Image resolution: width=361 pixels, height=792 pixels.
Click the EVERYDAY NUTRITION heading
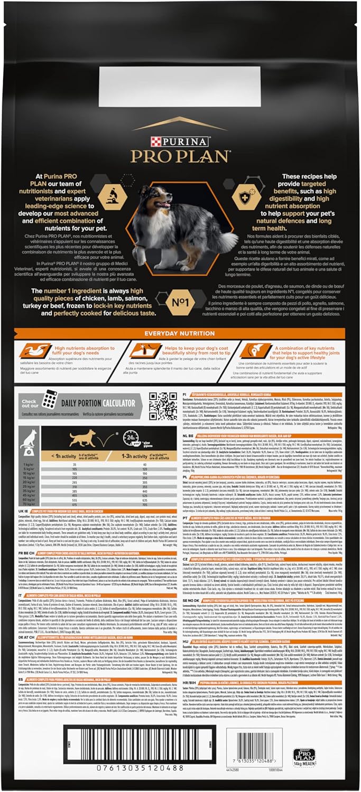click(x=180, y=333)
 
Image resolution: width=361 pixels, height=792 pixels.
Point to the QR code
click(x=163, y=406)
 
